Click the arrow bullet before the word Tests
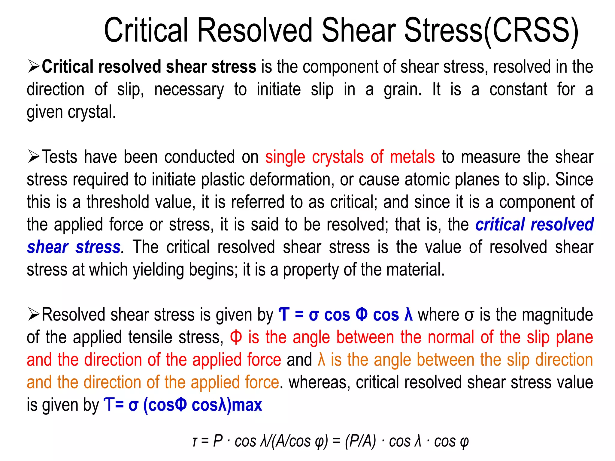coord(34,157)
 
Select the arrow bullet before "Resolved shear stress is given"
coord(34,314)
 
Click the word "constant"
coord(518,89)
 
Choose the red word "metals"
coord(412,157)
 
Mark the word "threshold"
coord(118,202)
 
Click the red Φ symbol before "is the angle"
coord(236,337)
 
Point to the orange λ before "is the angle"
coord(321,360)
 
